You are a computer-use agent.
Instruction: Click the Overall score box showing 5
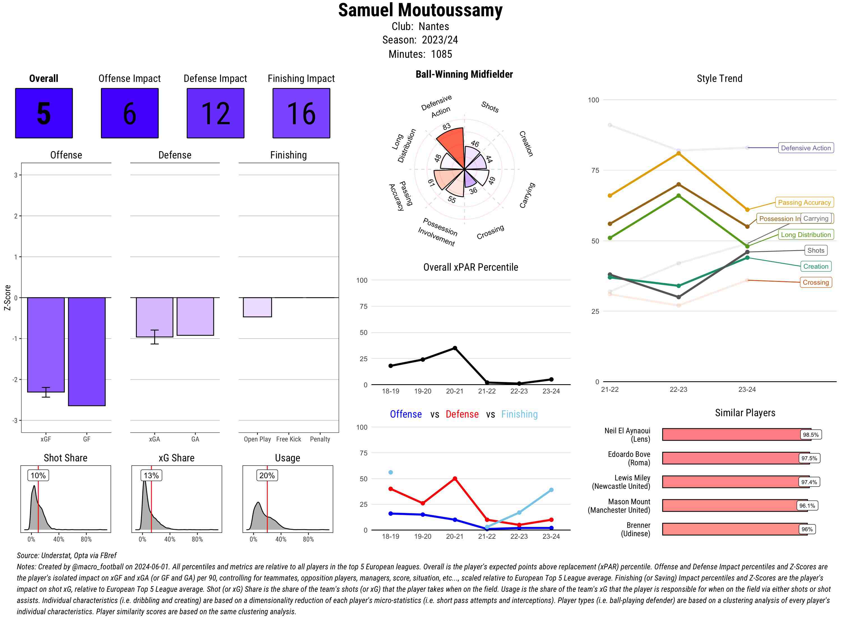(44, 113)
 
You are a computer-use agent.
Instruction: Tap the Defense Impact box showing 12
(215, 113)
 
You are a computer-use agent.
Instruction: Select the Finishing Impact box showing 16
(301, 113)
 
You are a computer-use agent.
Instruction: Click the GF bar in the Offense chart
(87, 351)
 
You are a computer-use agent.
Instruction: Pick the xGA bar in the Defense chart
(154, 317)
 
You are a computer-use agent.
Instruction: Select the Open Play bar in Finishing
(257, 307)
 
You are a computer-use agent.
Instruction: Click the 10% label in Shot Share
(38, 475)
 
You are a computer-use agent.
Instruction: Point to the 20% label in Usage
(267, 475)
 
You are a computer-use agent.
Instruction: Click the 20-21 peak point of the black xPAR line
(455, 348)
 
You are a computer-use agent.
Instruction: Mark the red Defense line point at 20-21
(455, 478)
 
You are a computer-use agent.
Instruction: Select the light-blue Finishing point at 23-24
(551, 490)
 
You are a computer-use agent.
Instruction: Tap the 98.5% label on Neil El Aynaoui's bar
(810, 435)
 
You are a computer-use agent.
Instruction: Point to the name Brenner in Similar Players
(638, 525)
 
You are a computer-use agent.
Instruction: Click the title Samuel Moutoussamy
(420, 10)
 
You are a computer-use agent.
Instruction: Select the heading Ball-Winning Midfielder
(464, 74)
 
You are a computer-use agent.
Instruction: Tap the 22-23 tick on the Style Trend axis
(678, 390)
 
